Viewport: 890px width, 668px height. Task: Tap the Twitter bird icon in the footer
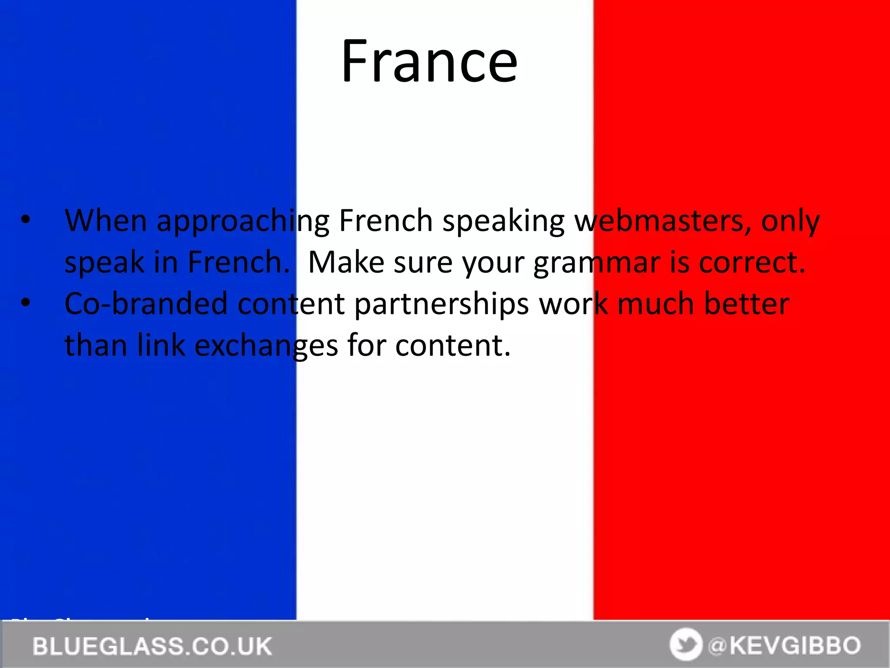click(x=686, y=645)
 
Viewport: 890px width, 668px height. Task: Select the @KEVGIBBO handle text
click(x=784, y=645)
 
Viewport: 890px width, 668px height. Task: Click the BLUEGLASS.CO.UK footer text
click(x=152, y=646)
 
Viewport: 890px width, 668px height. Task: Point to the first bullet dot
click(x=26, y=220)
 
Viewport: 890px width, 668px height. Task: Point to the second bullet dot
click(x=26, y=303)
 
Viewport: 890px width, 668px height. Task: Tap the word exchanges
click(x=266, y=347)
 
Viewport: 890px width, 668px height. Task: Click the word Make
click(x=346, y=262)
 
